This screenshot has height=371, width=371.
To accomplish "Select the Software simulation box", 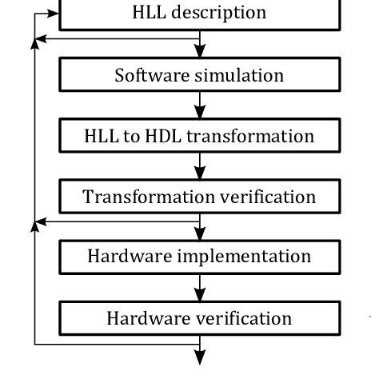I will [199, 76].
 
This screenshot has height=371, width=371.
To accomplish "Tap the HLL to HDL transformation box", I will [199, 136].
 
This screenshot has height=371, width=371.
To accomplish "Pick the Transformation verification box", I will [199, 197].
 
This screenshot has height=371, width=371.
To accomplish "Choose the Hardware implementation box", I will [199, 257].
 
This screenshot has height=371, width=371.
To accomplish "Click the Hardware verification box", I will [199, 318].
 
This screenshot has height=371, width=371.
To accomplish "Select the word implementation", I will [245, 257].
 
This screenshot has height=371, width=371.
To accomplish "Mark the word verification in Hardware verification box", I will [245, 318].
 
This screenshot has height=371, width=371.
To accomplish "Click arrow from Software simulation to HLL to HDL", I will [200, 105].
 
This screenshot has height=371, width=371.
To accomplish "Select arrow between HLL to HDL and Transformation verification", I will [200, 166].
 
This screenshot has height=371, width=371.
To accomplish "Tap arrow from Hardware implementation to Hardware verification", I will [200, 286].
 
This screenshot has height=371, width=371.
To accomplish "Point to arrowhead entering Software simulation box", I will [200, 54].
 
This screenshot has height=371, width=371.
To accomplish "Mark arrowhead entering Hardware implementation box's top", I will [200, 234].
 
